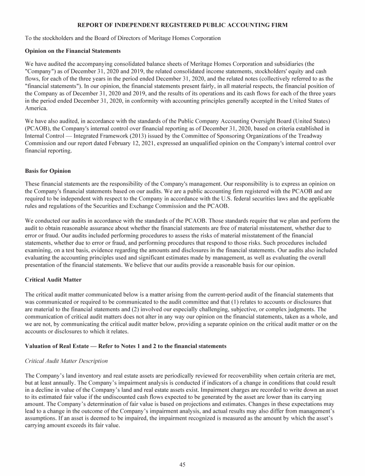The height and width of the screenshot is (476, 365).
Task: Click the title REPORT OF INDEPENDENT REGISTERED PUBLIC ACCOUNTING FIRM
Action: click(182, 25)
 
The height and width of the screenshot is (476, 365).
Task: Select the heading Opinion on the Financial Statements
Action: click(73, 50)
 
